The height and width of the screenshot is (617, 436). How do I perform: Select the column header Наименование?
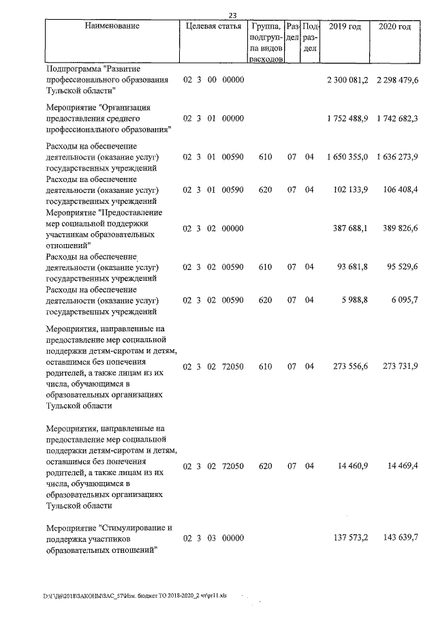[x=112, y=26]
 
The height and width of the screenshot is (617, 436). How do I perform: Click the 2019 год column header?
[x=345, y=26]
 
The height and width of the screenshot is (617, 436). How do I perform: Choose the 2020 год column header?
[x=394, y=26]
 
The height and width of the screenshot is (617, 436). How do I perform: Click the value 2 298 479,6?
[x=396, y=80]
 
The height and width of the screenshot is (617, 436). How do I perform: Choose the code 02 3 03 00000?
[x=214, y=538]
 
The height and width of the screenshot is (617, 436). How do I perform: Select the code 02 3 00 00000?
[x=214, y=80]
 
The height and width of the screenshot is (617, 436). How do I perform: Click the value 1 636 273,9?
[x=396, y=157]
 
